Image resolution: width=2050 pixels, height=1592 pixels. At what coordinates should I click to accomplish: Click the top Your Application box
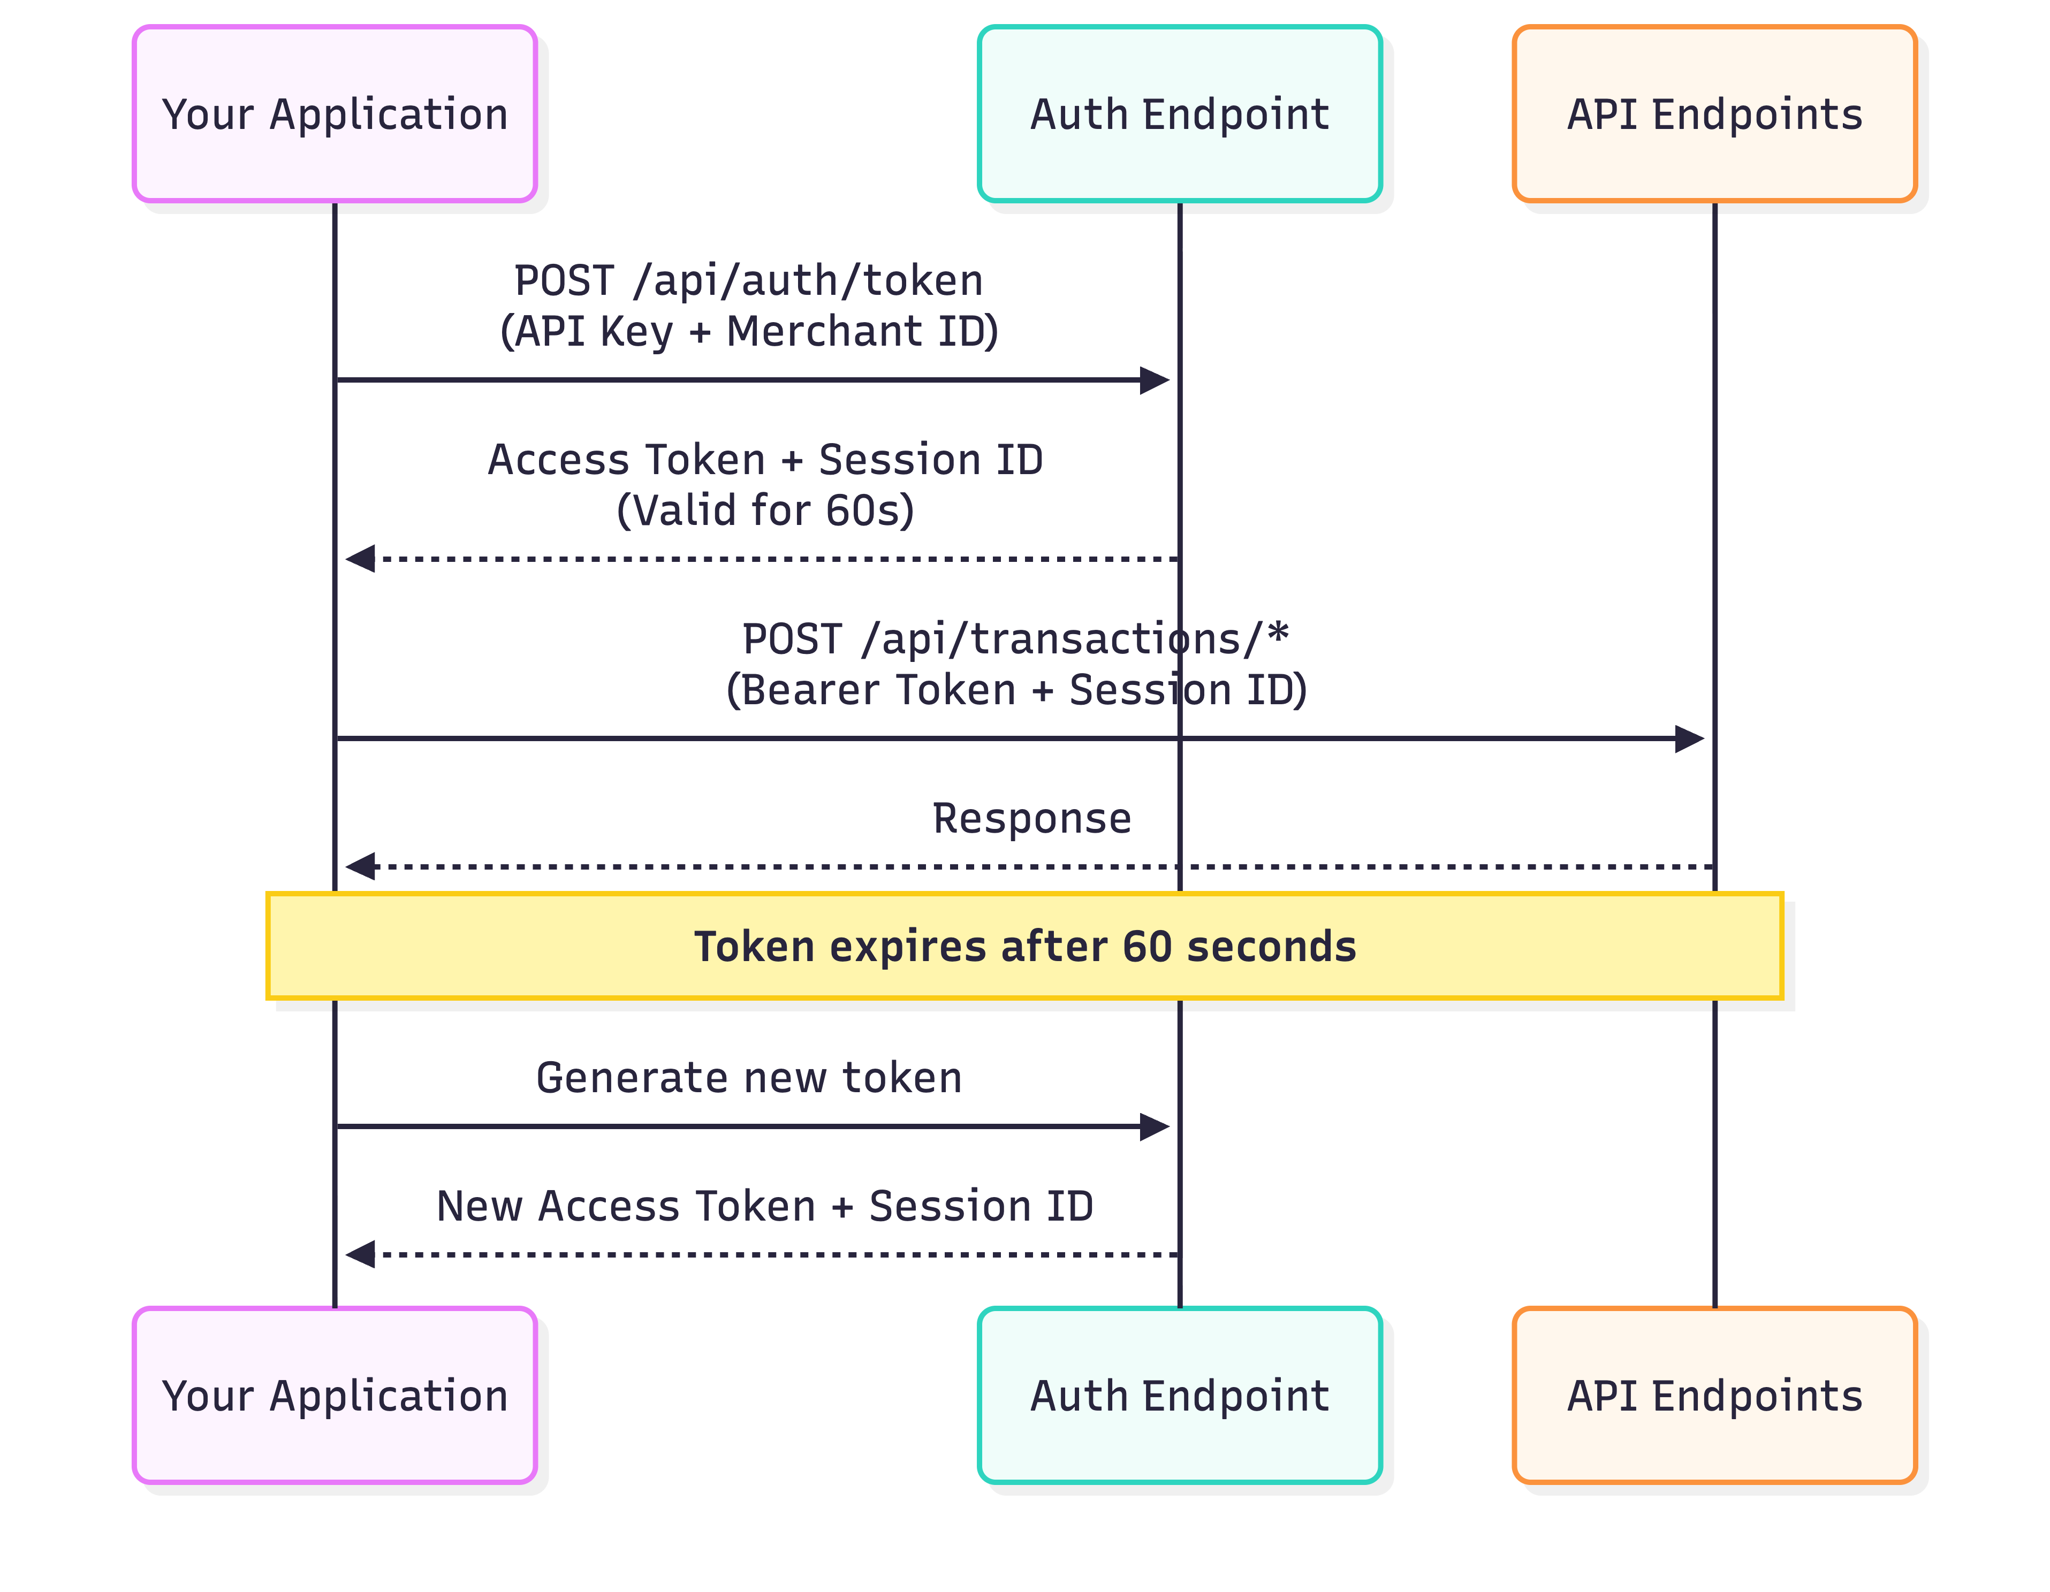pos(334,113)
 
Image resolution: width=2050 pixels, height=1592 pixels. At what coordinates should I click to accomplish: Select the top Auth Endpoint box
pos(1179,113)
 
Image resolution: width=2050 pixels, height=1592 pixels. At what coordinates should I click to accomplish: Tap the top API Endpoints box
pos(1714,113)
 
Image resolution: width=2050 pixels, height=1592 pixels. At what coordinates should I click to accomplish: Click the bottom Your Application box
pos(334,1395)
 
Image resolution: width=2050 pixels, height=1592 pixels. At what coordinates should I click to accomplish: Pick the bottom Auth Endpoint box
pos(1179,1395)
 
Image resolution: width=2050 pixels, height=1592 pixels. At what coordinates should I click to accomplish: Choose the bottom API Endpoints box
pos(1714,1395)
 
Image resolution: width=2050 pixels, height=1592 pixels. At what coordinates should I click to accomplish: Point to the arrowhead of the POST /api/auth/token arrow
pos(1155,380)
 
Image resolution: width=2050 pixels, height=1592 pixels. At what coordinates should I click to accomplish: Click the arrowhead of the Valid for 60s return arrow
pos(360,559)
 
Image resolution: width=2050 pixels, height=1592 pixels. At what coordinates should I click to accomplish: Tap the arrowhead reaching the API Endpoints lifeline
pos(1690,738)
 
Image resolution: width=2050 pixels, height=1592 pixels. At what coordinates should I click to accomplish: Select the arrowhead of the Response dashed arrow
pos(360,866)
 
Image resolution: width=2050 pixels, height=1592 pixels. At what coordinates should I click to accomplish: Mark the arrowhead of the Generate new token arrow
pos(1155,1126)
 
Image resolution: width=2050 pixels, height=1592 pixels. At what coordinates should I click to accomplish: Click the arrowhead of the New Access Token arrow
pos(360,1254)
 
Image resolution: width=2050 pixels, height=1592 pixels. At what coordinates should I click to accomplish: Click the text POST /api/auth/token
pos(748,280)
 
